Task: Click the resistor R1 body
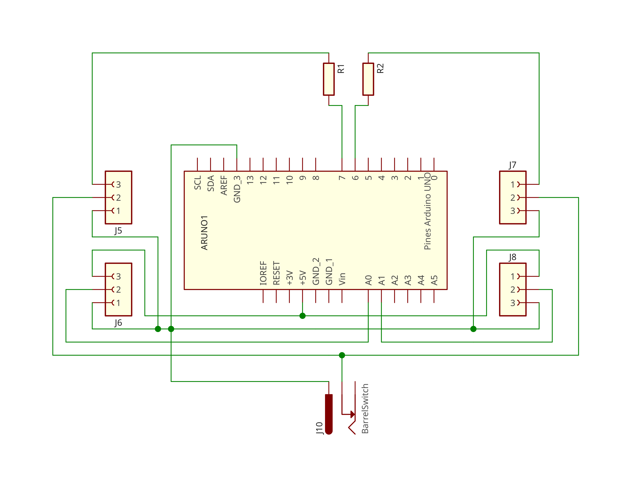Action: point(329,79)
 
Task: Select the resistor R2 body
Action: point(368,79)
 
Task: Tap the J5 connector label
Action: point(118,231)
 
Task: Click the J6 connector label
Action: point(118,323)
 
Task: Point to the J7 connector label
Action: point(513,165)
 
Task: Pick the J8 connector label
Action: point(513,257)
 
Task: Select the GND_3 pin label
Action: point(237,189)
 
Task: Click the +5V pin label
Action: point(302,278)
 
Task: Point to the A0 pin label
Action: point(368,280)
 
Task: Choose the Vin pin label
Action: point(342,279)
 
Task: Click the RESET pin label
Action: point(276,273)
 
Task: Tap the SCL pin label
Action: point(198,183)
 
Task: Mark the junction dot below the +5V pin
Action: point(302,316)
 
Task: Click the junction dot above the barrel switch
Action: point(342,355)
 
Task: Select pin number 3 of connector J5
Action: point(118,184)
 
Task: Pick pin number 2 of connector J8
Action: point(513,289)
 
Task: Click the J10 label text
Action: point(319,428)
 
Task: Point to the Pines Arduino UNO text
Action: point(428,211)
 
